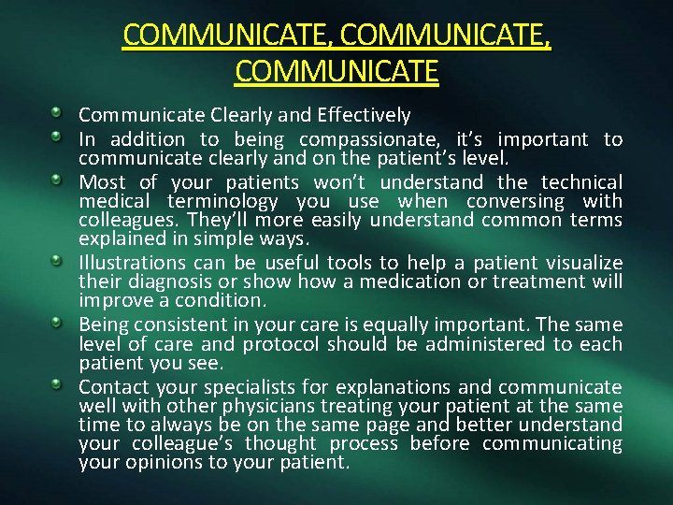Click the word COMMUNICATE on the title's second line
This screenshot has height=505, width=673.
pos(336,71)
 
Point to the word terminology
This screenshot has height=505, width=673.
pos(222,201)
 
